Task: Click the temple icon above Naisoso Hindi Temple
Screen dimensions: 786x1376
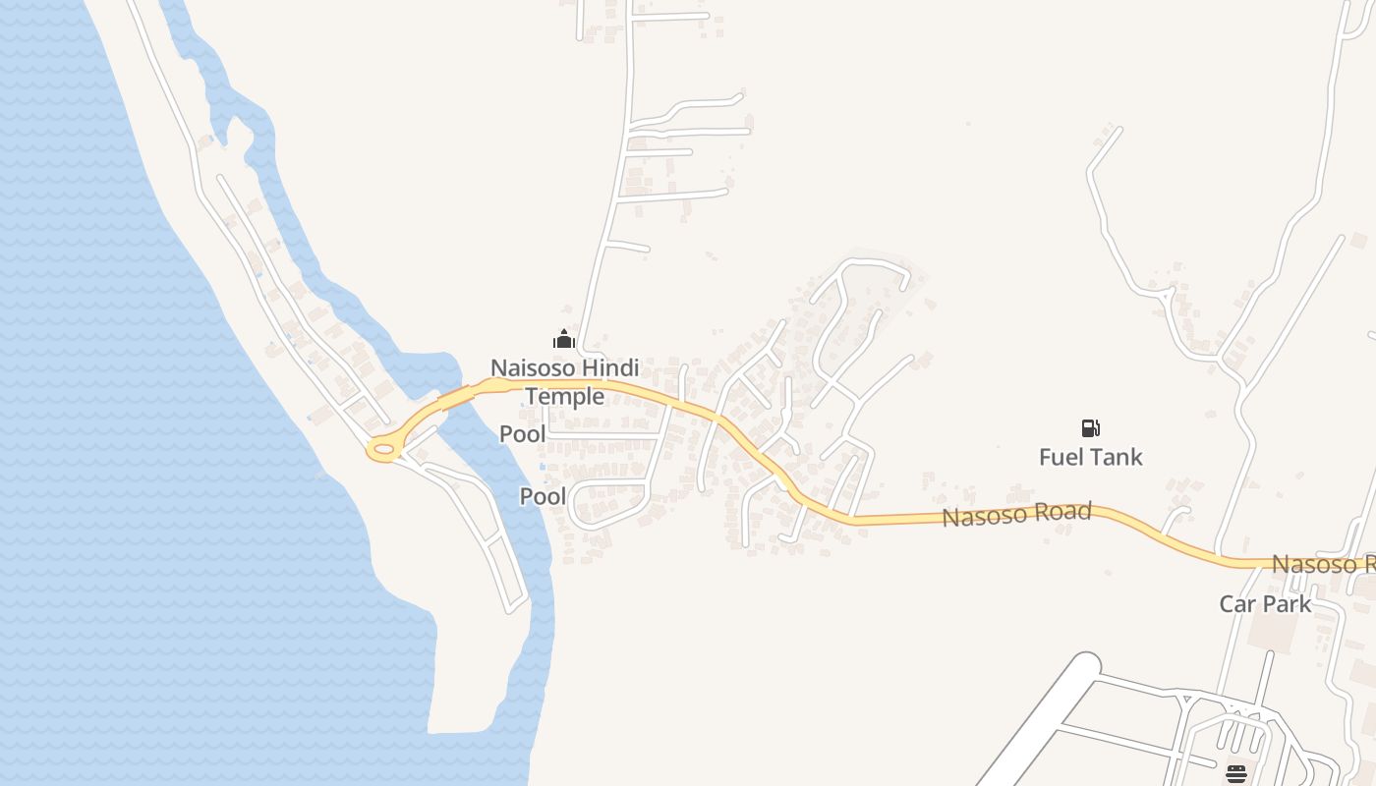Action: coord(564,340)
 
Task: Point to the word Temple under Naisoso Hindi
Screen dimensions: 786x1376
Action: coord(564,396)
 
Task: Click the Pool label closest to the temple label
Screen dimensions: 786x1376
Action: coord(522,433)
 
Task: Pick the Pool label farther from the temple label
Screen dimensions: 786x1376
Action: coord(543,496)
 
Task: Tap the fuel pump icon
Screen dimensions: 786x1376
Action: coord(1090,427)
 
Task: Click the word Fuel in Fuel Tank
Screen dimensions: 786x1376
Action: coord(1062,457)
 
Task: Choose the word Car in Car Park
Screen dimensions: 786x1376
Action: coord(1238,603)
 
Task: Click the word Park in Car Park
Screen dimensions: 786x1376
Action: coord(1288,603)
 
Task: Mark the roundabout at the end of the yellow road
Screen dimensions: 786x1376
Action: coord(383,451)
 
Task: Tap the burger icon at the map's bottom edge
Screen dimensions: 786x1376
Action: coord(1236,774)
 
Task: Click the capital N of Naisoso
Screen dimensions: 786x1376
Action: coord(498,368)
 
